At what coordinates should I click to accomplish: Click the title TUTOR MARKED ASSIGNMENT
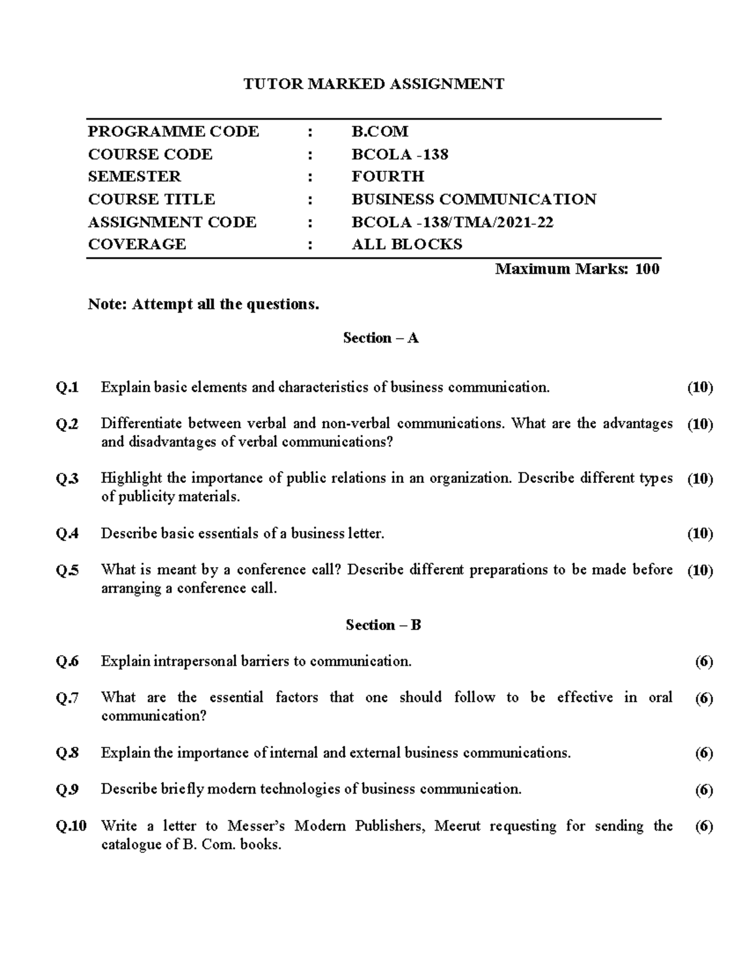(373, 84)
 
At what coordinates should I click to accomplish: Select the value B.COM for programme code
(380, 131)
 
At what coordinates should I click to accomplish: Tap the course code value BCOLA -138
(400, 154)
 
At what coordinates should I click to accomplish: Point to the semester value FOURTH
(388, 177)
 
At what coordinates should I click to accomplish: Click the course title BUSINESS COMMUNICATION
(474, 199)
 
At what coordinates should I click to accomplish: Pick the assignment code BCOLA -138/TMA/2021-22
(452, 222)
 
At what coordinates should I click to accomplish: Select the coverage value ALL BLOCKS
(407, 244)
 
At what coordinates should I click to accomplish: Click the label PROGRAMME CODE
(173, 131)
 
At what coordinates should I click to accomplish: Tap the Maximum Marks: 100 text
(577, 269)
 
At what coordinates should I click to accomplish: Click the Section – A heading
(380, 338)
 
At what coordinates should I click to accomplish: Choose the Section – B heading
(383, 625)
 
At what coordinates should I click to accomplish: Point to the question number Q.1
(67, 387)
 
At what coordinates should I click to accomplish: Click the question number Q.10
(71, 826)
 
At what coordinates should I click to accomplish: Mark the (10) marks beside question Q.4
(699, 533)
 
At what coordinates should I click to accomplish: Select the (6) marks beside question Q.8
(704, 753)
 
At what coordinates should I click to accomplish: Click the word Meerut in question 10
(458, 826)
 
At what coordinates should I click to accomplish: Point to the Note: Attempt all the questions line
(203, 304)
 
